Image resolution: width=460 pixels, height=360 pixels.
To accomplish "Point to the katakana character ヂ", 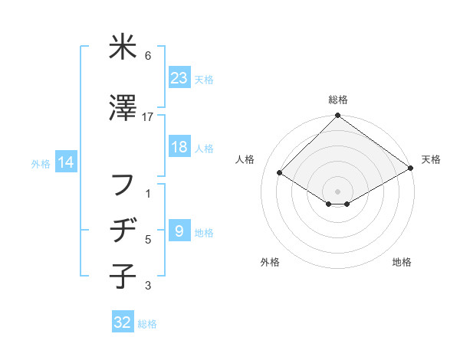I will (123, 231).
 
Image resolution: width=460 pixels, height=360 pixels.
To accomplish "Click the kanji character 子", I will (123, 275).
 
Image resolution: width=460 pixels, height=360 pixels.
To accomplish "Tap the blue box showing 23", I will (179, 77).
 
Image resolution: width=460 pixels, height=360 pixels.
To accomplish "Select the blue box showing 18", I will (179, 147).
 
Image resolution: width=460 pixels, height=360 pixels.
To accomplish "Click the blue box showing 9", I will (179, 231).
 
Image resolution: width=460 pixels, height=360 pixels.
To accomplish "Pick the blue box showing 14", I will (65, 162).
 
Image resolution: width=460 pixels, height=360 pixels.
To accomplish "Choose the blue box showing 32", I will (123, 322).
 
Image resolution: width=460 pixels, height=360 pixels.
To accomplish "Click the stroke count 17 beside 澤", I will (148, 116).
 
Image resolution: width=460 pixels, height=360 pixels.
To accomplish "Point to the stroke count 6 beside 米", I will (148, 56).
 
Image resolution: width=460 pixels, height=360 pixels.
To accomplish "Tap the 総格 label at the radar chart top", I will (338, 100).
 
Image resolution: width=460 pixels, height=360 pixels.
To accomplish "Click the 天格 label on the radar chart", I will (431, 159).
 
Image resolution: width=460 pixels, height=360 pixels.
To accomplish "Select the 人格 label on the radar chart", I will (245, 159).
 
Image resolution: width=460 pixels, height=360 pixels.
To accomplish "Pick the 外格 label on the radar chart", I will (270, 262).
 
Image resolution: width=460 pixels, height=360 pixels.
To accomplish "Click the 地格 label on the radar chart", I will (402, 262).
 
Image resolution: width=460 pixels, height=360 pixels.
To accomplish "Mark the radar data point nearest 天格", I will (412, 169).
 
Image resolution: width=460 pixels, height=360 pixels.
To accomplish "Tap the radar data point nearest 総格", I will (337, 116).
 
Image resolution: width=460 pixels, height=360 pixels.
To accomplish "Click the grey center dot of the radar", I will (337, 190).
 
